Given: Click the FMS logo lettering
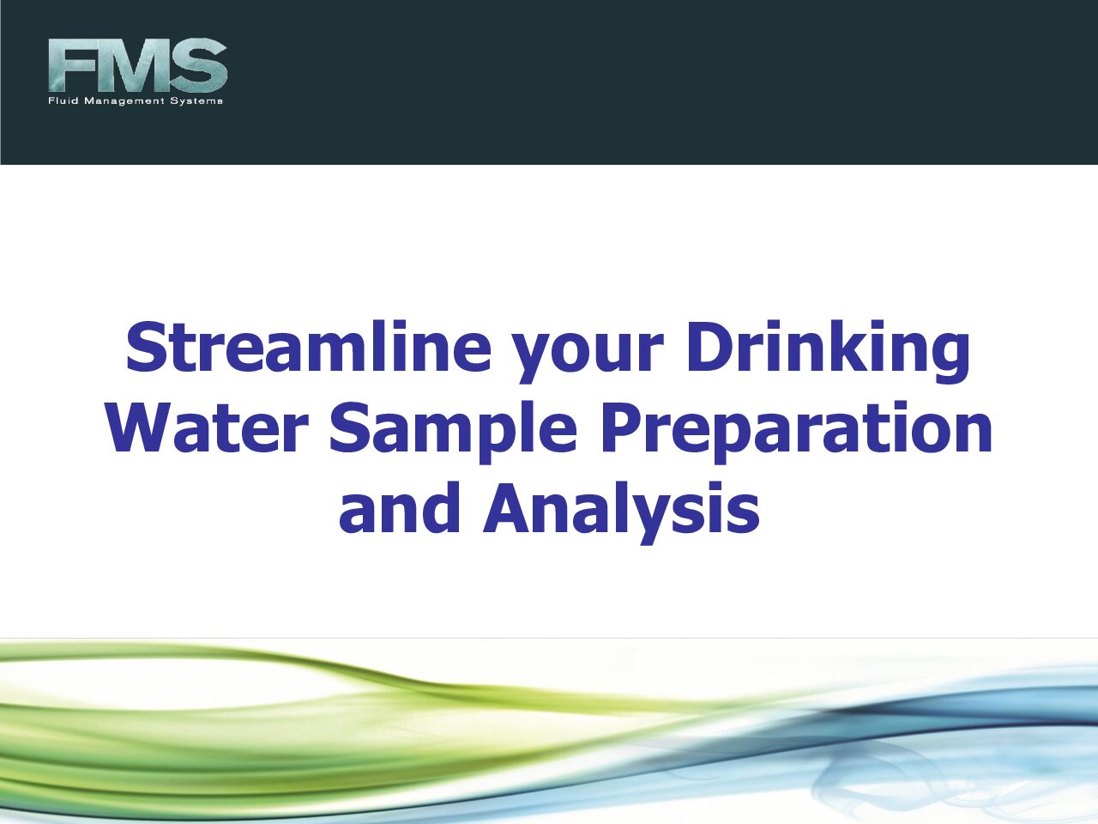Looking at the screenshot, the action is click(x=137, y=65).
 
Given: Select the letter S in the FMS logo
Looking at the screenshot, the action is click(x=200, y=65).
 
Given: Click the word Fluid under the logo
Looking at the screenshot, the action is click(x=63, y=101).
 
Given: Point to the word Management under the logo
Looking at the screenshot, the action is click(x=124, y=101).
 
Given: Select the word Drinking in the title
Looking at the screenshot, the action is click(x=829, y=352).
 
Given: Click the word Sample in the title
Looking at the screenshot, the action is click(x=453, y=433).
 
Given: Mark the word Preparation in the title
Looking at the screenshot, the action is click(x=796, y=433).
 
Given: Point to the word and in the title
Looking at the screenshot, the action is click(x=399, y=507).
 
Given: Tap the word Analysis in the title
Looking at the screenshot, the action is click(x=621, y=513).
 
